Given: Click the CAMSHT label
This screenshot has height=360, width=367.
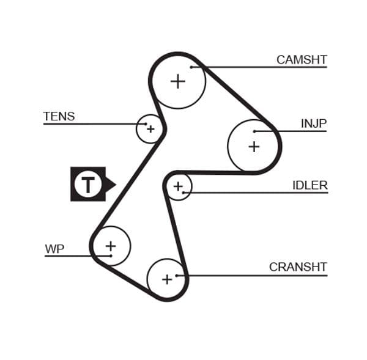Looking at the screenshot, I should tap(301, 59).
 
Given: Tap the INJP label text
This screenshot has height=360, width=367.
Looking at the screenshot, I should tap(313, 123).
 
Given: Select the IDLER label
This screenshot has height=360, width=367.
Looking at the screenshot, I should tap(310, 185).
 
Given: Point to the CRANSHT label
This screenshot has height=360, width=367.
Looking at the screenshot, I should tap(298, 267).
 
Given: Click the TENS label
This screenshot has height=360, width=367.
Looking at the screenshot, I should tap(59, 116).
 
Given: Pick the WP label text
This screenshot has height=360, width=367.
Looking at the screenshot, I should tap(54, 249).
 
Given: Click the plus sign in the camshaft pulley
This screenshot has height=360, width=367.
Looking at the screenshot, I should tap(177, 81).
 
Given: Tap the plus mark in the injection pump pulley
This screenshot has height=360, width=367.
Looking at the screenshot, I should tap(253, 147).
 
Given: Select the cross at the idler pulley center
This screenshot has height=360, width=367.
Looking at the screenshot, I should tap(178, 186).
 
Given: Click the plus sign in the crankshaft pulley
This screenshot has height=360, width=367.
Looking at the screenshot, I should tap(166, 279).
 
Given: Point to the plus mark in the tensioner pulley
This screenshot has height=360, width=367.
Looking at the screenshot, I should tap(150, 129).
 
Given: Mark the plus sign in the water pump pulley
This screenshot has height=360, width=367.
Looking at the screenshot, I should tap(110, 246).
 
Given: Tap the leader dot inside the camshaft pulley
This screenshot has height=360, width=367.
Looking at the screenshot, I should tap(191, 67).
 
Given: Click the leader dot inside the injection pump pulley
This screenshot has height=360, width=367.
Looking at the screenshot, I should tap(254, 131).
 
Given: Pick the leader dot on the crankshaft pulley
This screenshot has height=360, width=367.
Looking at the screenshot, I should tap(176, 275).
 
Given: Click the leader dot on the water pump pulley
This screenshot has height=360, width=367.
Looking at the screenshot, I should tap(111, 255).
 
